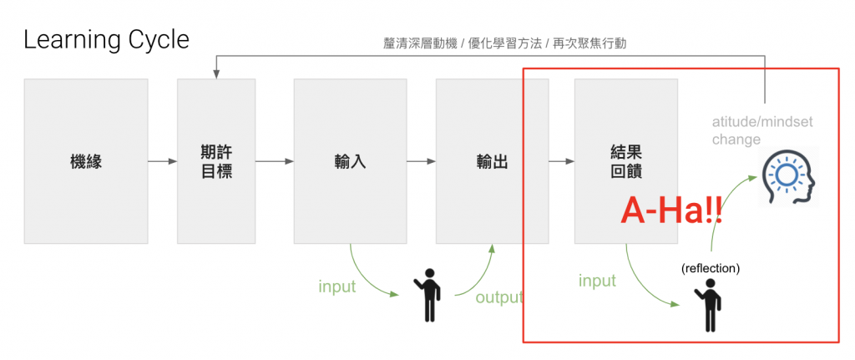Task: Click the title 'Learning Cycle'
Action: (106, 39)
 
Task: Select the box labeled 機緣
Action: (86, 161)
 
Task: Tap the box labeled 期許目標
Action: (216, 161)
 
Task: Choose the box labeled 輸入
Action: (351, 161)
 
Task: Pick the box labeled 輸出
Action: (492, 161)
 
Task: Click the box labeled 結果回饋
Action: (626, 161)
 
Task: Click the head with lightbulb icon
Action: (787, 178)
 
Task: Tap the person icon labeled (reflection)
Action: (709, 306)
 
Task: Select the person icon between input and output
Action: (428, 295)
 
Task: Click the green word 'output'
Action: (499, 297)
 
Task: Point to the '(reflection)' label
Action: (711, 269)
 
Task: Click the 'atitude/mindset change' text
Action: (761, 131)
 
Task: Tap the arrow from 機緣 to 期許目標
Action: (162, 161)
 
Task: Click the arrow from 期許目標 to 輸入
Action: (274, 161)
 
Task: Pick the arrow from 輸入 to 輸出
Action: (421, 161)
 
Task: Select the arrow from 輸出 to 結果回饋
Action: (561, 161)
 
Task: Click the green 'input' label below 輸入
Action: (337, 286)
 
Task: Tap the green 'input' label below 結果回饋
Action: (597, 281)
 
